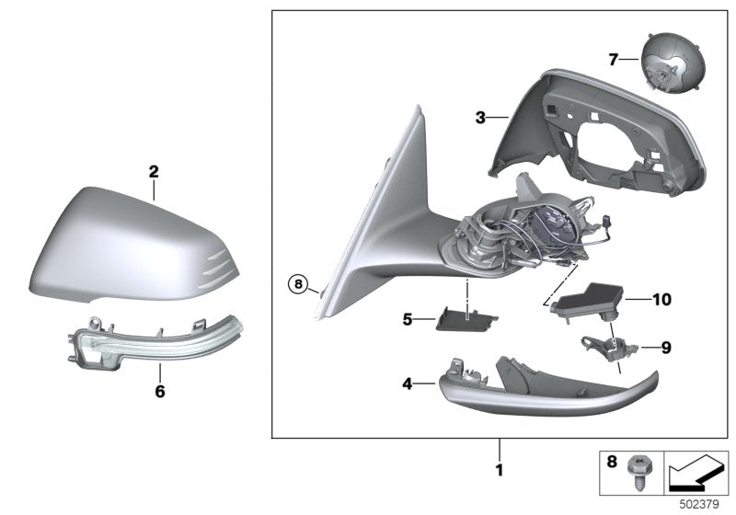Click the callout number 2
click(x=154, y=171)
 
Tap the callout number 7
click(x=613, y=61)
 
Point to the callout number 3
click(x=479, y=118)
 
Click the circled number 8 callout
click(x=298, y=285)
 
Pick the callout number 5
click(x=408, y=319)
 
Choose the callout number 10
click(x=661, y=299)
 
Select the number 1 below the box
click(x=500, y=470)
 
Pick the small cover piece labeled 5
click(x=467, y=318)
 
